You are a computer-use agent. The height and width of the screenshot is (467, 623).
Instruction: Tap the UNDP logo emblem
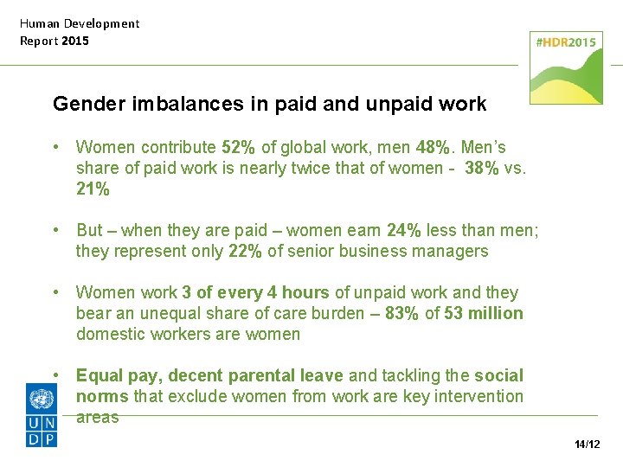tap(42, 416)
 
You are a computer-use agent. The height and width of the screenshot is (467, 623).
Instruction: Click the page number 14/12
tap(587, 445)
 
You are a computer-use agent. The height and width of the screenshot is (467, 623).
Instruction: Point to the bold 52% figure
tap(238, 147)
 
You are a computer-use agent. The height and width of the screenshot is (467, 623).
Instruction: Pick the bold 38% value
tap(481, 168)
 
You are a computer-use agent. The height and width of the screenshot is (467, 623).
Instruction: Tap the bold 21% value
tap(93, 189)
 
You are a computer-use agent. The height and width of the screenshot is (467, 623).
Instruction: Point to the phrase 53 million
tap(484, 313)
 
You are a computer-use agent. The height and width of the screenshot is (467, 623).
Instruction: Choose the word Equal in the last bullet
tap(99, 375)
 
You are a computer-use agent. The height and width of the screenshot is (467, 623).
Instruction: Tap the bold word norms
tap(102, 396)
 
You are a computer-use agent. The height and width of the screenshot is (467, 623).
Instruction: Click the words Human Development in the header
tap(80, 23)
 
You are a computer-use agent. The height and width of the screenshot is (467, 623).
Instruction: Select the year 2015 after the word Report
tap(74, 41)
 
